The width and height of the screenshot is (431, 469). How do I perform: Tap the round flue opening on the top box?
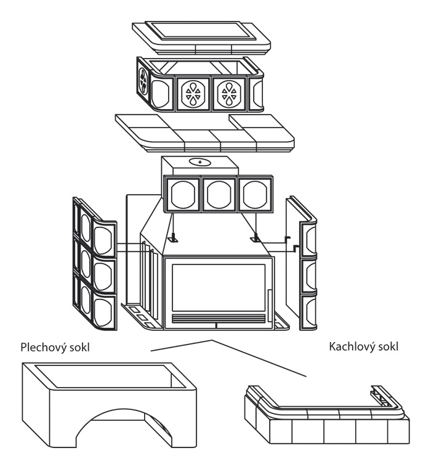[x=198, y=161]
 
